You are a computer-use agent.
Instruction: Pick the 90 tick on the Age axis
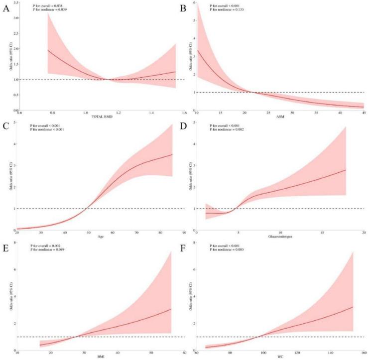[x=184, y=233]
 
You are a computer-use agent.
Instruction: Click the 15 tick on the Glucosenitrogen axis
[x=322, y=233]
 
